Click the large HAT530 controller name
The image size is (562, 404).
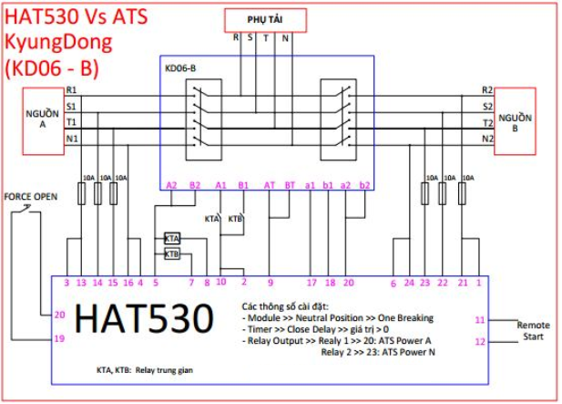(x=145, y=318)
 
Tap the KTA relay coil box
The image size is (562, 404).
(x=172, y=237)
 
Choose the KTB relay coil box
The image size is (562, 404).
(x=172, y=253)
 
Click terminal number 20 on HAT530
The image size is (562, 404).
(x=60, y=315)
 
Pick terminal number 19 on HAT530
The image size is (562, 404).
(x=60, y=338)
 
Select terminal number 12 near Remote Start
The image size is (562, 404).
(x=479, y=342)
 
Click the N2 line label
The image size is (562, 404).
(x=487, y=138)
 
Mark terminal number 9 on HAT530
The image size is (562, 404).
(x=270, y=283)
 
